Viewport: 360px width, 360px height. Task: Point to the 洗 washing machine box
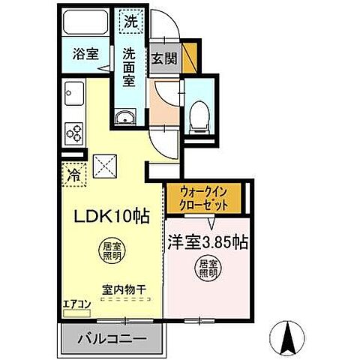click(130, 22)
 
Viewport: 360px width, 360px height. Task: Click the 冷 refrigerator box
click(75, 175)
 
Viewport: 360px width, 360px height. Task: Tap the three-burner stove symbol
click(75, 133)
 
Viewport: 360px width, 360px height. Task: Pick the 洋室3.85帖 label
click(208, 243)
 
